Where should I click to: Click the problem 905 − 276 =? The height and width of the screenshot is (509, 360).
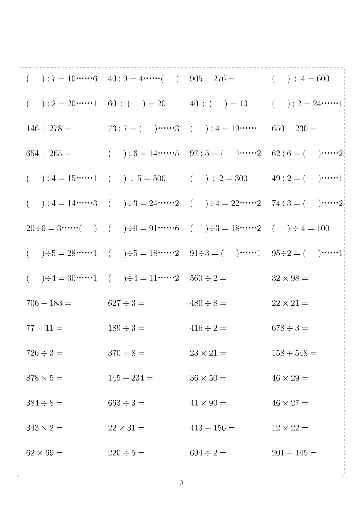(212, 79)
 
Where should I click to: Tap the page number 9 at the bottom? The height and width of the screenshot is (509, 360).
(181, 483)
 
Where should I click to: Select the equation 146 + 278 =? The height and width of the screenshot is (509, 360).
(49, 129)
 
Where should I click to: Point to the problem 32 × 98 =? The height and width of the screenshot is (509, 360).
(290, 278)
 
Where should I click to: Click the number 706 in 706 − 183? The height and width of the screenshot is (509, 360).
(32, 303)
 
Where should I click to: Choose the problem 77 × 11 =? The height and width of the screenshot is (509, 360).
(44, 328)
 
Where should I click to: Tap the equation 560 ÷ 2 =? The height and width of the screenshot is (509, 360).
(208, 278)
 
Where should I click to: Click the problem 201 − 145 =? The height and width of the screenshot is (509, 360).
(294, 453)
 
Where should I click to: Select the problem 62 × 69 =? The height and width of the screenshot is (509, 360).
(44, 453)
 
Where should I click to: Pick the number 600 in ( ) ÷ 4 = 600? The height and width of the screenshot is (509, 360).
(323, 79)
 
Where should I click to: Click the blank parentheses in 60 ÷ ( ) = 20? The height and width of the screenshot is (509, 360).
(137, 104)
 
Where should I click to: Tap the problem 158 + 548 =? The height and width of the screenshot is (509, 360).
(294, 353)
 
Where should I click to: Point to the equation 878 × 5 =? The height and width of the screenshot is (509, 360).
(44, 378)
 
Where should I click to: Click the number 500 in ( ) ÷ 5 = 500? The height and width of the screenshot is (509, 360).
(159, 179)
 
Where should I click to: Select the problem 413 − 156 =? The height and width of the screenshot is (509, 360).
(212, 428)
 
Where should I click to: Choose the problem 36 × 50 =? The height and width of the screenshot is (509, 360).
(208, 378)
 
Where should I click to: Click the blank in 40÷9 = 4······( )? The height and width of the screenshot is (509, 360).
(170, 79)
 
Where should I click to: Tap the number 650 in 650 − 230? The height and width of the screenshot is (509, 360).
(278, 129)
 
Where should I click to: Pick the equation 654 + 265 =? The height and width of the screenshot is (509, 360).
(49, 154)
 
